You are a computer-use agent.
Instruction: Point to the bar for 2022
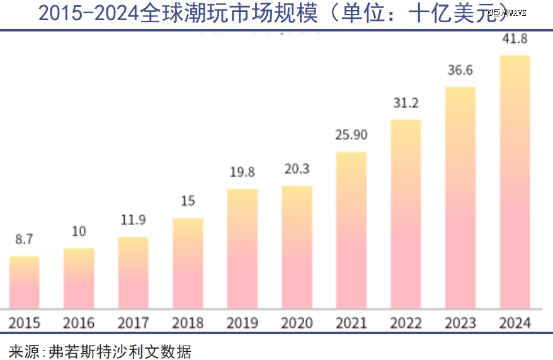[x=406, y=214]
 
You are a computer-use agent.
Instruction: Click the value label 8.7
[x=24, y=240]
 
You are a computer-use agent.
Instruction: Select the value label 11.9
[x=133, y=220]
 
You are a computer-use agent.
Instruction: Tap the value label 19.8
[x=242, y=172]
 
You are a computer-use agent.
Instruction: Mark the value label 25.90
[x=351, y=135]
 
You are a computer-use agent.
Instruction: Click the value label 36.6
[x=460, y=70]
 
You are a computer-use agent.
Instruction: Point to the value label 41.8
[x=515, y=39]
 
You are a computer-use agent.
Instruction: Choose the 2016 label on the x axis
[x=79, y=323]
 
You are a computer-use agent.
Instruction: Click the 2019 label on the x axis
[x=242, y=323]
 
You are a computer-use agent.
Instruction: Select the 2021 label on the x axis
[x=351, y=323]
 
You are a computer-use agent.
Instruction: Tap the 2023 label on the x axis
[x=460, y=323]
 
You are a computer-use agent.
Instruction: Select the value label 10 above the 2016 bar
[x=79, y=232]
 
